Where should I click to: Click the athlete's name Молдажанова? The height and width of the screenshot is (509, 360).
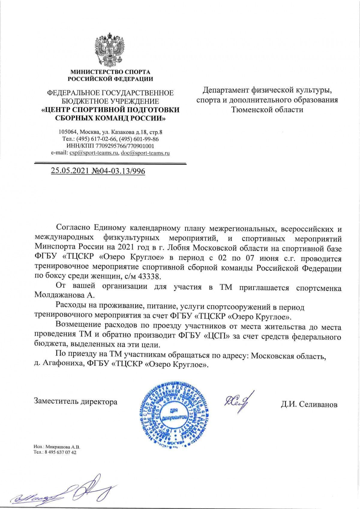[x=60, y=295]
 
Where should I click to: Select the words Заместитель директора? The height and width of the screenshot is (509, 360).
[x=76, y=401]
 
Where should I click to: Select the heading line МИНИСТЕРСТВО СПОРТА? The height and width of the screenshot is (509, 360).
[x=110, y=72]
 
